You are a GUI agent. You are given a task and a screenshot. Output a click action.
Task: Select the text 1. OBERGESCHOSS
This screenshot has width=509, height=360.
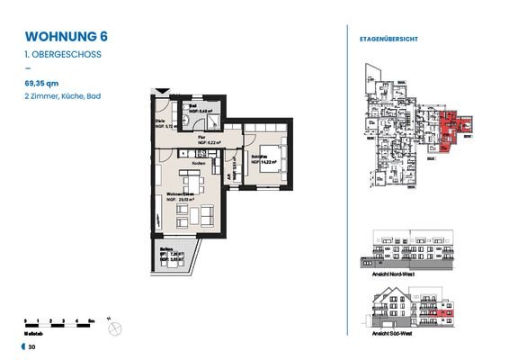pos(61,55)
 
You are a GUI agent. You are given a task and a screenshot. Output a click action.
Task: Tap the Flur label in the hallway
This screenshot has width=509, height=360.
pos(204,138)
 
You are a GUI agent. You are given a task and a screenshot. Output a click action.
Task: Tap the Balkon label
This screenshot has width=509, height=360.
pos(165,250)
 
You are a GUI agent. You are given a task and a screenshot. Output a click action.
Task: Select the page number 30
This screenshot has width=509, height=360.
pos(32,346)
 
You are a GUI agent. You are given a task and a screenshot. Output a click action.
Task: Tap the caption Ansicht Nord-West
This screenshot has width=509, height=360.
pos(394,271)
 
